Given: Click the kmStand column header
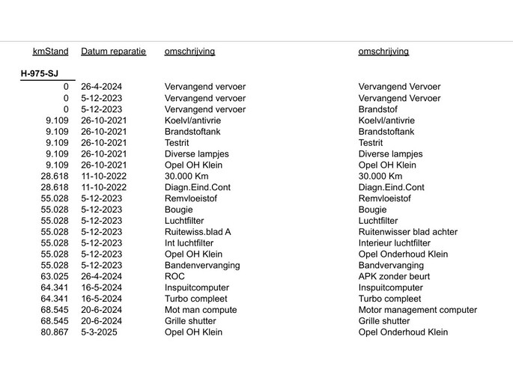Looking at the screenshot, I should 50,52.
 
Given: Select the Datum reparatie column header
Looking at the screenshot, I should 113,52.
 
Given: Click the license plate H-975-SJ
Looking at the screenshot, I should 40,73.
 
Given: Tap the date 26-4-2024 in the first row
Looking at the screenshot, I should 102,87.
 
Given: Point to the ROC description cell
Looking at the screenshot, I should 174,276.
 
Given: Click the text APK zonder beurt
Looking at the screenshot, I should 394,276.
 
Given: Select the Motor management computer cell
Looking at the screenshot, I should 417,310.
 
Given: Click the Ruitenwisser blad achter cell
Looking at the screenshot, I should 407,232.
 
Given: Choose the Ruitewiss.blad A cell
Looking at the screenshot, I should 198,232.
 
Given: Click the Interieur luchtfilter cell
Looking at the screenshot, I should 394,243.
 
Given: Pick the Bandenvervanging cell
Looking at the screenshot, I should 202,265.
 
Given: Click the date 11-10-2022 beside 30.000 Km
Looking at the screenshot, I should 104,176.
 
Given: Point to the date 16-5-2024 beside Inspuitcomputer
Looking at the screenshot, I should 102,287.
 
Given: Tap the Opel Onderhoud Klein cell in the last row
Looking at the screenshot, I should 403,332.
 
